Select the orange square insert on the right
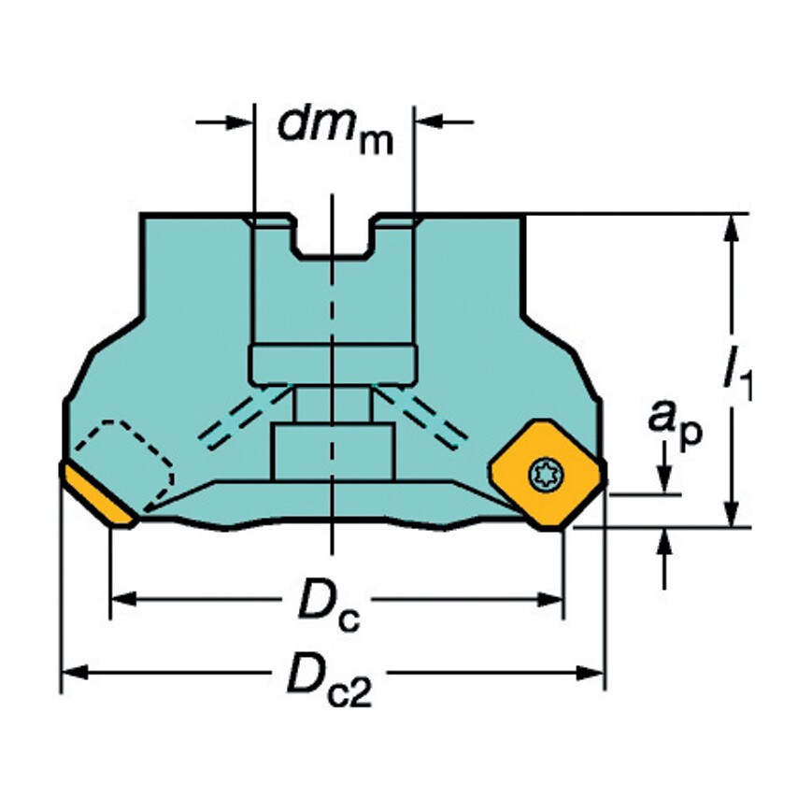(x=547, y=475)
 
